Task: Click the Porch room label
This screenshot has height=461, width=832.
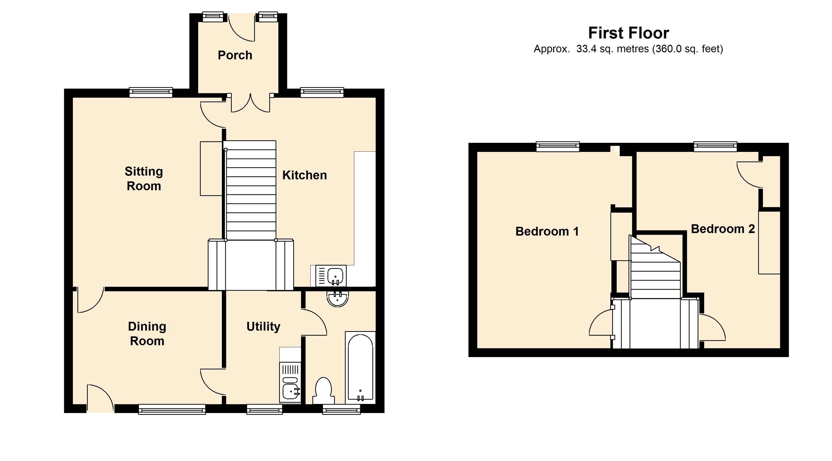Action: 235,55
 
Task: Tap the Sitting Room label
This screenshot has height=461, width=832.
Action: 144,179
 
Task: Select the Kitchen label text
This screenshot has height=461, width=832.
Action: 305,175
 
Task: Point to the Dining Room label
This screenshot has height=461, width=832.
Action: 147,334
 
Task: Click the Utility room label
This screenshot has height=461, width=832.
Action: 263,327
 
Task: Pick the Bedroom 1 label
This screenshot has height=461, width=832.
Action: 547,231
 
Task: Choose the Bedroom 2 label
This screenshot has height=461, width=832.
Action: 723,229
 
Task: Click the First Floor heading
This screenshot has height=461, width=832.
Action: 629,33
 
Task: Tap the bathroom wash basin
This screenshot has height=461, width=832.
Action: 337,298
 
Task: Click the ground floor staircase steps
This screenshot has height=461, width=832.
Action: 251,191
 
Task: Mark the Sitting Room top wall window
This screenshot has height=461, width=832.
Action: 151,93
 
